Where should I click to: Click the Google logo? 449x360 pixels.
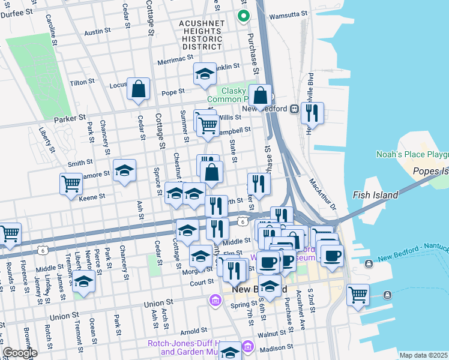[19, 353]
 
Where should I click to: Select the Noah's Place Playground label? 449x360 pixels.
[412, 154]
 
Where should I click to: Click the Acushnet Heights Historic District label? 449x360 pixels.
[202, 35]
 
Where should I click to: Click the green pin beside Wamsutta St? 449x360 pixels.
[243, 16]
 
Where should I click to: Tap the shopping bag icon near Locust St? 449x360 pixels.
[139, 89]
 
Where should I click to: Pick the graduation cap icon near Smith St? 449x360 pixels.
[124, 170]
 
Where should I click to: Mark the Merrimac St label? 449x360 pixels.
[175, 61]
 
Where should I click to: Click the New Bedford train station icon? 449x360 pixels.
[295, 109]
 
